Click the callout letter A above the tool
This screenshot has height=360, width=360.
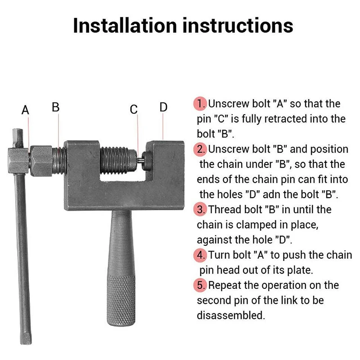coord(25,110)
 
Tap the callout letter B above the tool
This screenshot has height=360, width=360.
coord(55,107)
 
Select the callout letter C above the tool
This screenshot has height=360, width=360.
coord(134,109)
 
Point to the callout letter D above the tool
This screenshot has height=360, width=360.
coord(163,107)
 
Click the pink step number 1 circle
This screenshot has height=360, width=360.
coord(200,104)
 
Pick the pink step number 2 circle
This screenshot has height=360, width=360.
coord(200,149)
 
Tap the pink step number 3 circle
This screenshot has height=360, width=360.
coord(200,209)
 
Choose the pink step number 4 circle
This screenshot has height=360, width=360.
coord(200,255)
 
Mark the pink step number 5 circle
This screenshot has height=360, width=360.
coord(200,285)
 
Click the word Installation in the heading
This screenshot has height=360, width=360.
coord(125,26)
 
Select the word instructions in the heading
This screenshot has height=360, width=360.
coord(238,26)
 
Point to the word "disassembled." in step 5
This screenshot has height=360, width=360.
coord(231,315)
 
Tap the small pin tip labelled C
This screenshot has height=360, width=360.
coord(139,160)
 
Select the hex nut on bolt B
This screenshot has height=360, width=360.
coord(41,161)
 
